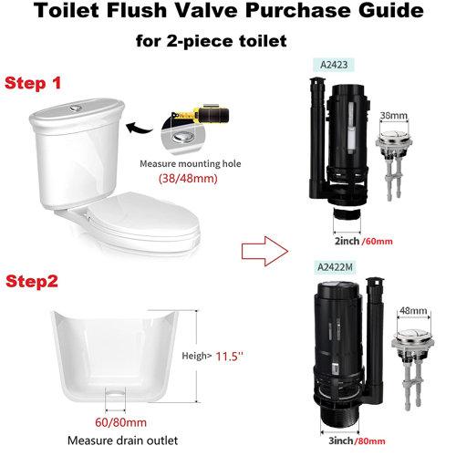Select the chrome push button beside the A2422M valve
pyautogui.click(x=411, y=347)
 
